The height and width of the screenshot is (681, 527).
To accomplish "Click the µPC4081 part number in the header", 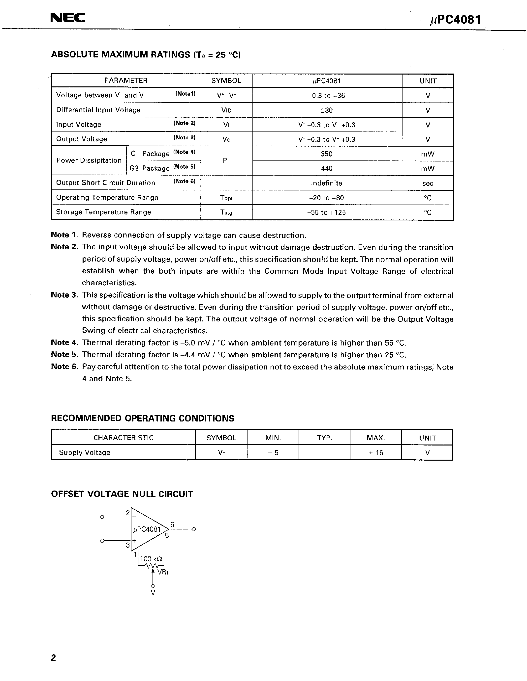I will click(x=455, y=20).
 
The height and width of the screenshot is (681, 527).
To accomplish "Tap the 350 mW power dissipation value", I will click(x=327, y=154).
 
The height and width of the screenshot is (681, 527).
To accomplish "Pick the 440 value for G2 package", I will click(x=327, y=169).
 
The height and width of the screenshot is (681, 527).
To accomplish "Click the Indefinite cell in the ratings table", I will click(x=327, y=183).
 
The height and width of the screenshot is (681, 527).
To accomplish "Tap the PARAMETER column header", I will click(x=126, y=80).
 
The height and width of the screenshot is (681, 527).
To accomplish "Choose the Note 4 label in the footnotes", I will click(x=64, y=343).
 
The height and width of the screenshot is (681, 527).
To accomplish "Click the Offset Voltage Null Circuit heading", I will click(x=122, y=494).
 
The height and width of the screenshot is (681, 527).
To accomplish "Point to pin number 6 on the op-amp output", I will click(x=172, y=525).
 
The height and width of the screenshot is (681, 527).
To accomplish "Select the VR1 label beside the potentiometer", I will click(x=163, y=572).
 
